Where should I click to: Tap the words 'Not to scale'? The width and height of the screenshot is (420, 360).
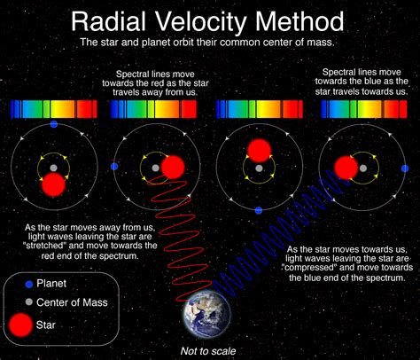tap(208, 350)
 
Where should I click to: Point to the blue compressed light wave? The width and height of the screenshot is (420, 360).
tap(266, 239)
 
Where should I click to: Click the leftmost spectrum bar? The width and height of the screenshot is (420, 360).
tap(52, 109)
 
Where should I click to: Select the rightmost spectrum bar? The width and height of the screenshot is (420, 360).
tap(364, 109)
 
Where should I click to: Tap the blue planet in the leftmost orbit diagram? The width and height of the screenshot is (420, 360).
tap(54, 125)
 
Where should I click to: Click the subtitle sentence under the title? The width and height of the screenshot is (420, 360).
tap(209, 42)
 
